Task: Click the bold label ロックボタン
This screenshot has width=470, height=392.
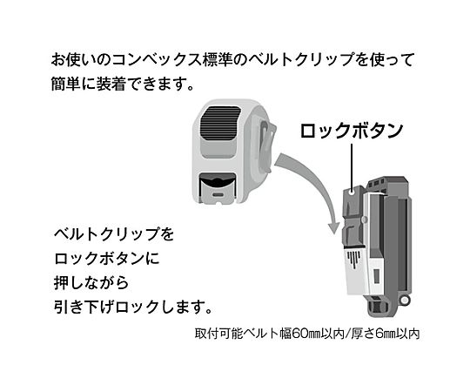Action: point(352,131)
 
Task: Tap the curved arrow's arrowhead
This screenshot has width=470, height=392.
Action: point(333,226)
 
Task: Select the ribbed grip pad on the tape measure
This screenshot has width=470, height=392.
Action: point(220,123)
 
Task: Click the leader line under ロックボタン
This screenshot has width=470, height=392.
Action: point(352,165)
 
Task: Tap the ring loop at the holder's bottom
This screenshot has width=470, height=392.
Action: point(405,300)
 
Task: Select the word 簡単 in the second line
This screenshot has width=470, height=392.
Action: point(66,84)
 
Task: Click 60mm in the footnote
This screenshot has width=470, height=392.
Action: point(305,334)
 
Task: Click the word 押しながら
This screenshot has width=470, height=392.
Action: point(91,282)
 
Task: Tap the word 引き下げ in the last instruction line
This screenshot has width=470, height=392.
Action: point(84,307)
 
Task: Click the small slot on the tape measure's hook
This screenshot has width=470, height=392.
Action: point(218,194)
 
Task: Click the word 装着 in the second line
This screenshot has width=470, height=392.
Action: point(111,84)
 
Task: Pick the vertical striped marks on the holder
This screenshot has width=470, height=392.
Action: point(354,259)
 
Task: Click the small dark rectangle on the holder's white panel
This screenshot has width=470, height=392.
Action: point(377,276)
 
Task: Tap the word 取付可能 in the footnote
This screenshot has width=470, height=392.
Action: point(218,334)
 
